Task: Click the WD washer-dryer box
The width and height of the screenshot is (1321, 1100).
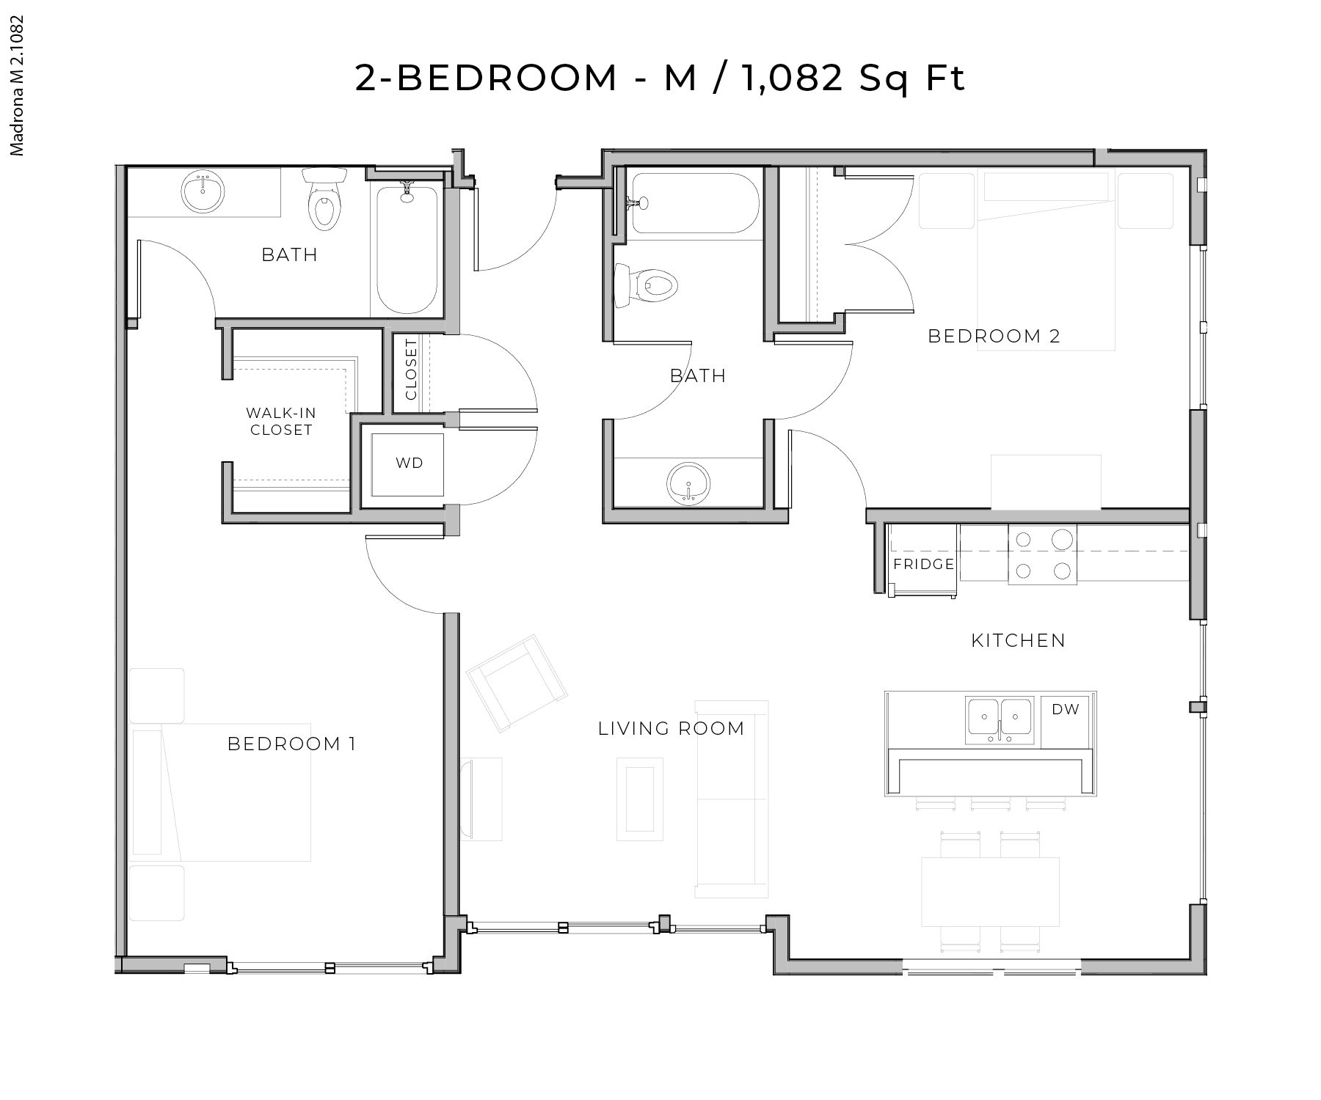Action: [408, 463]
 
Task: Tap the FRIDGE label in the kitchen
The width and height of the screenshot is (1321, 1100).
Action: [923, 564]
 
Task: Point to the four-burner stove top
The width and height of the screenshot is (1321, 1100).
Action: [1042, 555]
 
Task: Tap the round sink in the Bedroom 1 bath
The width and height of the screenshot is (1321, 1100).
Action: [202, 193]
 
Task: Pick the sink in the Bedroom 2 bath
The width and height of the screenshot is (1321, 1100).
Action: [689, 483]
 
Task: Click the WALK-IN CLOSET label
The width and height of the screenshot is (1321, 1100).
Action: [281, 422]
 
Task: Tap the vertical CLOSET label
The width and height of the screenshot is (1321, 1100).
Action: [411, 369]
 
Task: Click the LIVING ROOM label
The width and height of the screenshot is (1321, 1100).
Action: [671, 728]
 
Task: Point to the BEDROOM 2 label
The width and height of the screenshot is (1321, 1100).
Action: [994, 336]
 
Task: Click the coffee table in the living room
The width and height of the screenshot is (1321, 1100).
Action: [640, 799]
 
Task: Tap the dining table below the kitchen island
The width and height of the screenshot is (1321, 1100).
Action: [990, 892]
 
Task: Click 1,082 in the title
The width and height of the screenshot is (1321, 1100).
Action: [791, 78]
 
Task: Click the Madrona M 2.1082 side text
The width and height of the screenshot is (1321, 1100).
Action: [18, 86]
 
